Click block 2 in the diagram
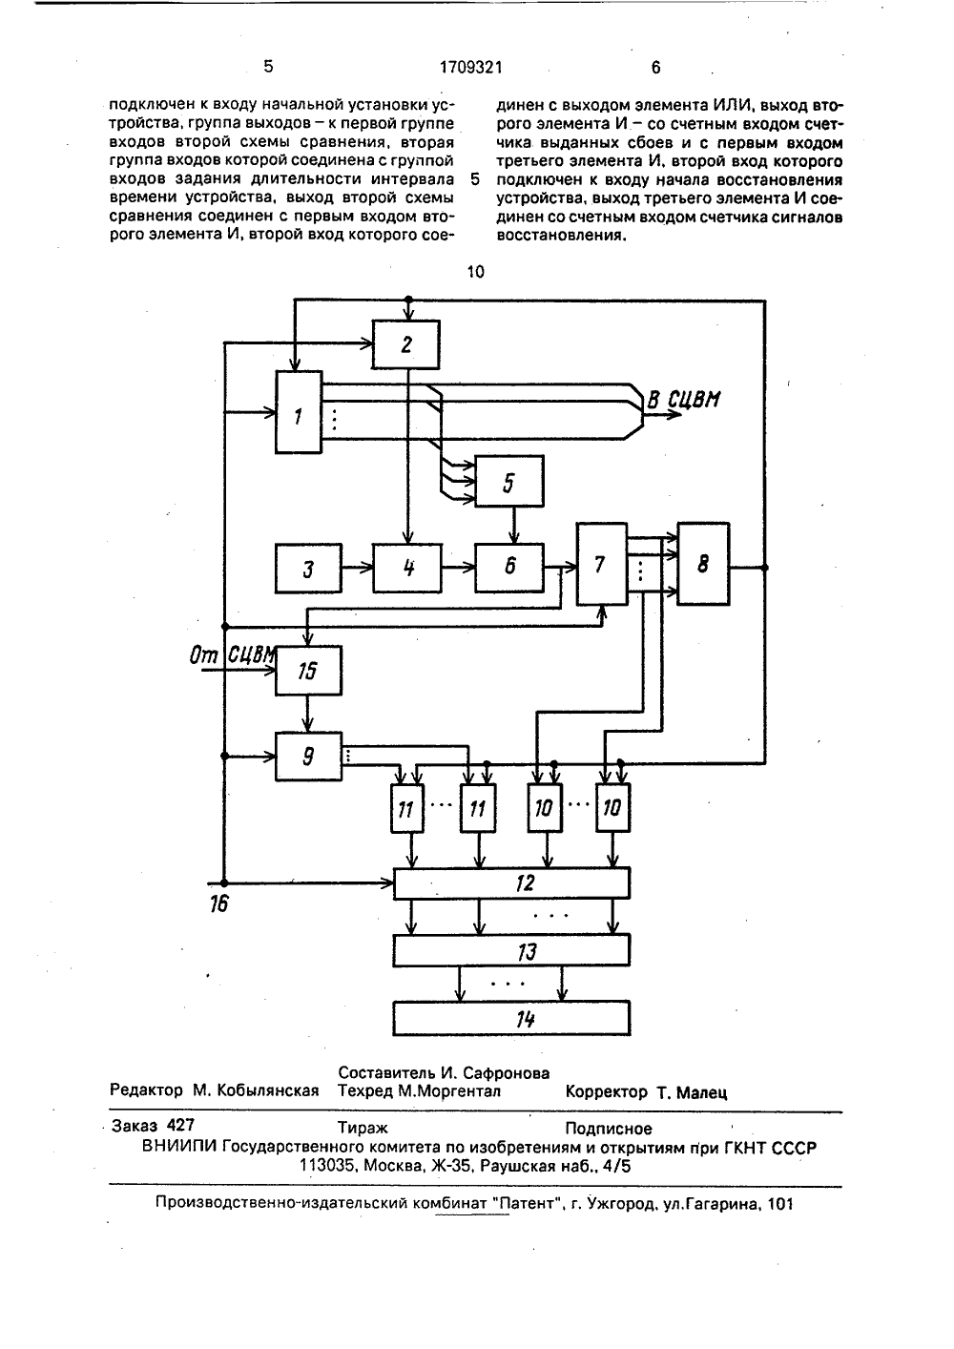click(406, 343)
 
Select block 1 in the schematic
click(299, 412)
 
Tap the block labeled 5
click(508, 481)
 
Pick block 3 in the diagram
click(308, 569)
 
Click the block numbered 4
click(407, 569)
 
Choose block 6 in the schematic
click(508, 568)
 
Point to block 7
click(602, 564)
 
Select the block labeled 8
click(703, 564)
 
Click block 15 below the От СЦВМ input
click(308, 671)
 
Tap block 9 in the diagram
click(308, 757)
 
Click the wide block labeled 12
click(511, 882)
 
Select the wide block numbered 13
click(511, 950)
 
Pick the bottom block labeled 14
click(511, 1018)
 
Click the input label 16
click(219, 903)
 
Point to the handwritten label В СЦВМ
click(683, 400)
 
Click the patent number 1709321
click(470, 68)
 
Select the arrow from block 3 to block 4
click(357, 568)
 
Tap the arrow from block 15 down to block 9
click(308, 714)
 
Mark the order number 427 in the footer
click(180, 1126)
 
